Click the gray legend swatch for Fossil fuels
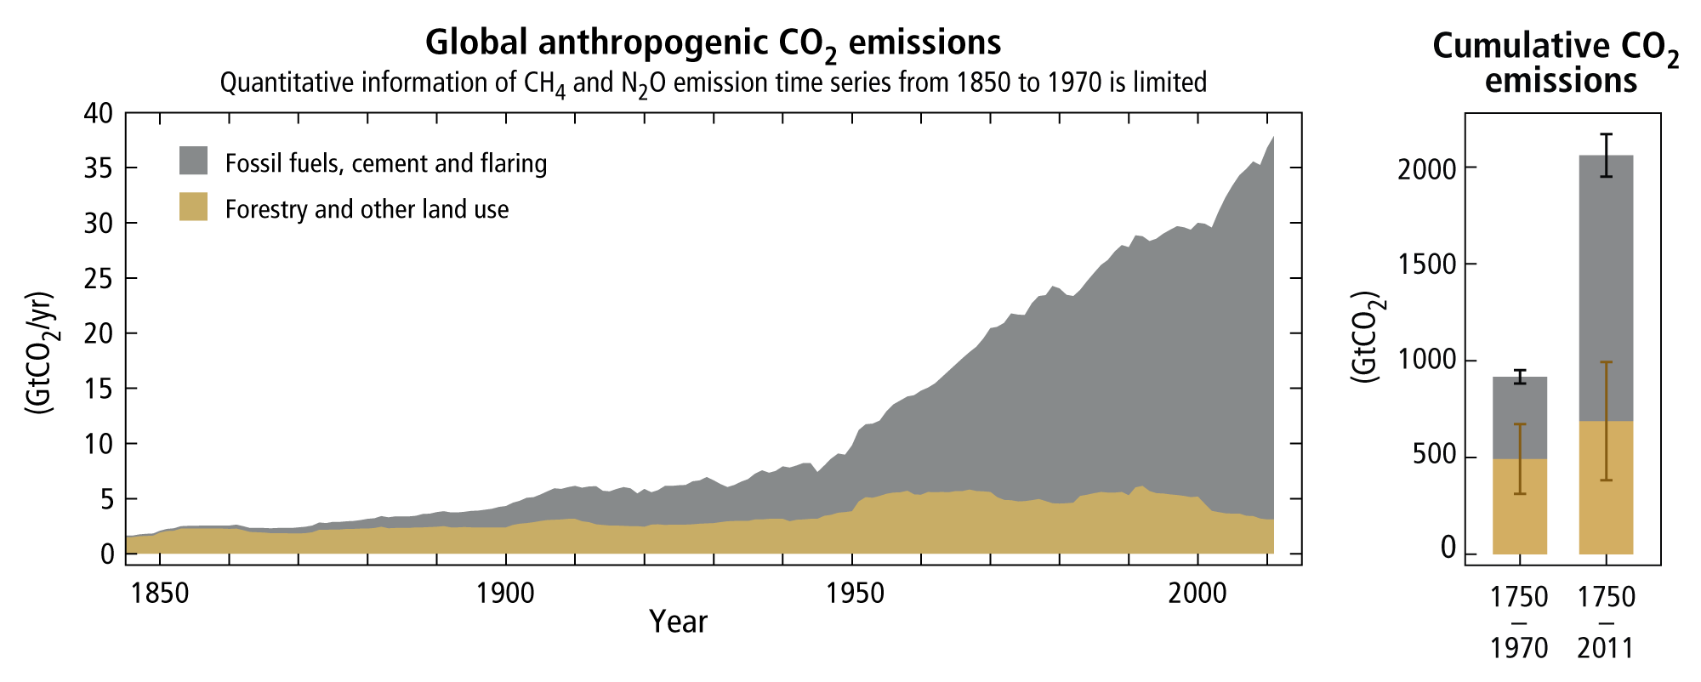tap(193, 161)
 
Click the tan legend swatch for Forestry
tap(193, 207)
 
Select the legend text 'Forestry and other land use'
tap(367, 209)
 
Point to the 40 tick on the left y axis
tap(101, 113)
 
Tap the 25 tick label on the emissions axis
tap(101, 279)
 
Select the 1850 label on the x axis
tap(161, 594)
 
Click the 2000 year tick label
tap(1198, 594)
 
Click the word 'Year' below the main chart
tap(678, 622)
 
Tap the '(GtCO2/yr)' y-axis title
tap(39, 353)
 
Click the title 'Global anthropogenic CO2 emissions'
tap(713, 43)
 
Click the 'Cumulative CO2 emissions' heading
tap(1556, 63)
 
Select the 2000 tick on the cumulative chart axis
tap(1426, 168)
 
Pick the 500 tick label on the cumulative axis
tap(1426, 457)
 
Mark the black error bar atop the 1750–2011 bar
tap(1606, 155)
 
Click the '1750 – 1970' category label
tap(1519, 622)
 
